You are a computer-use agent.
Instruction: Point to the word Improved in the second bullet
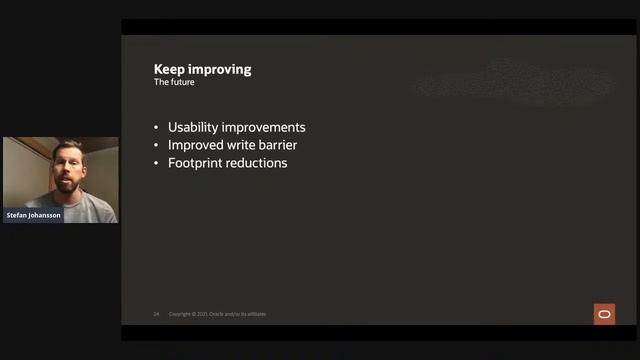(197, 145)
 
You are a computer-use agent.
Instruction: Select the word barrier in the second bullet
(279, 145)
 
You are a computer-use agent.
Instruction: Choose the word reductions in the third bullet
(258, 162)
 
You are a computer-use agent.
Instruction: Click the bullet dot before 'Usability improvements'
(157, 129)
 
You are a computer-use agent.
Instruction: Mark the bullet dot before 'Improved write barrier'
(157, 146)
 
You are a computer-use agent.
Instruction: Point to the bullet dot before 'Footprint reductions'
(157, 163)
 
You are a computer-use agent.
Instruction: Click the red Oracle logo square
(604, 314)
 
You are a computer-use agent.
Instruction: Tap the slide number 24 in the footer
(156, 314)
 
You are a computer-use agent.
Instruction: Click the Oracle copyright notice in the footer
(217, 314)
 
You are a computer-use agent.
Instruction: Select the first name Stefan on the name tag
(20, 215)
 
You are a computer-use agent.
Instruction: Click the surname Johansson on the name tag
(45, 215)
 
